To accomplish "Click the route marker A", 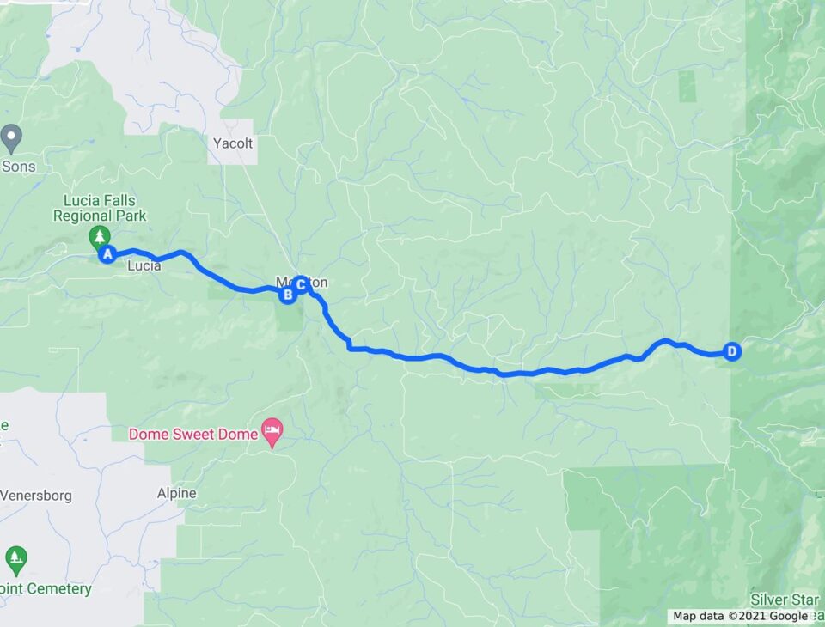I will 108,254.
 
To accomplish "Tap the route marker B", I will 288,295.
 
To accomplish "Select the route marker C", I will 301,283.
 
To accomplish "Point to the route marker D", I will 731,351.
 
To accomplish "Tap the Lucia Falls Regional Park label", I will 100,209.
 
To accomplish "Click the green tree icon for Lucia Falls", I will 100,236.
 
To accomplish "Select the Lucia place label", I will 144,266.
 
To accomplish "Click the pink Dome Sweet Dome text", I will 193,435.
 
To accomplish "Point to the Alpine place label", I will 176,494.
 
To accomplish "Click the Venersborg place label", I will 36,496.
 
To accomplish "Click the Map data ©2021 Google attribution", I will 740,616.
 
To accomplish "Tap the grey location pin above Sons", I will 11,136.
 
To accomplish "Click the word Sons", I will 18,166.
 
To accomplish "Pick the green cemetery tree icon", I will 15,559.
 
